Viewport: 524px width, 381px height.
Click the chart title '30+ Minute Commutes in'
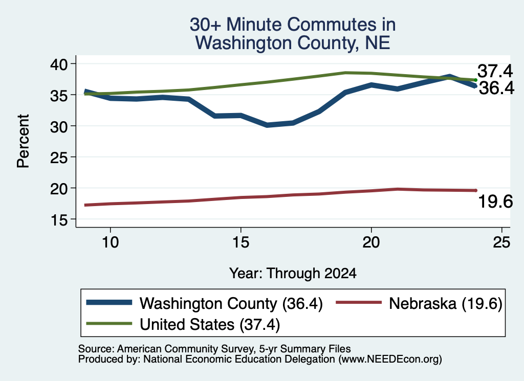tap(293, 25)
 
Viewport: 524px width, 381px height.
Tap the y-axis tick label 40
tap(59, 64)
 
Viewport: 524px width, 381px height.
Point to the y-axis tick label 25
tap(59, 157)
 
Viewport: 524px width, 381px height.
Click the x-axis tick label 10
tap(111, 242)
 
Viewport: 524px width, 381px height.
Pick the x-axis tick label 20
tap(371, 242)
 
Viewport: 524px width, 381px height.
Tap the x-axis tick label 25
tap(501, 242)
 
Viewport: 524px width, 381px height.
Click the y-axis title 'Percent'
tap(23, 141)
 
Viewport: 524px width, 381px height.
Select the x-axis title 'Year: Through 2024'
tap(293, 273)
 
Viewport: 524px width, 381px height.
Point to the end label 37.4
tap(495, 71)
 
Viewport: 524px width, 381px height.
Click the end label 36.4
tap(496, 88)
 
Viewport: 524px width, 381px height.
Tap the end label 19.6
tap(495, 201)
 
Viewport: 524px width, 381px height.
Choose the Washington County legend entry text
tap(231, 304)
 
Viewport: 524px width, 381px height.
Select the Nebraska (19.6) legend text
tap(446, 304)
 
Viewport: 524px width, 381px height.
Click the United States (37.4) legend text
tap(210, 325)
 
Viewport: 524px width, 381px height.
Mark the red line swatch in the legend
tap(359, 303)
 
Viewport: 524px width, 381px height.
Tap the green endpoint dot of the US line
tap(475, 80)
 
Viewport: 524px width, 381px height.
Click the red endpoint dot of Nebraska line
tap(475, 190)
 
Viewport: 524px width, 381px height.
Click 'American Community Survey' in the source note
tap(185, 349)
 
